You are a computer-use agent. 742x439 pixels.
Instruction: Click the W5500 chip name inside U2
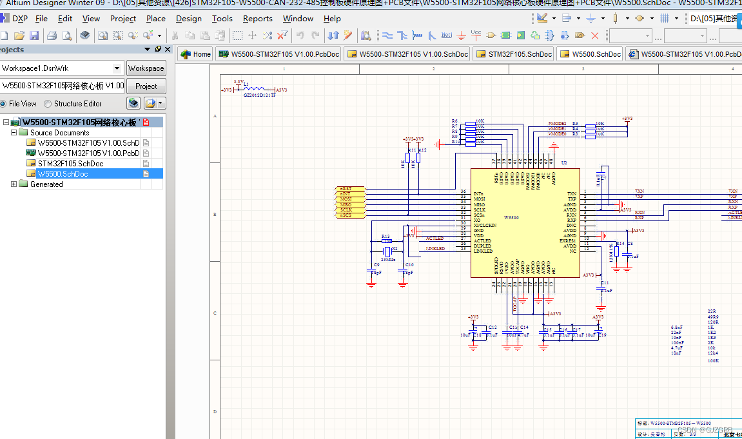pos(511,218)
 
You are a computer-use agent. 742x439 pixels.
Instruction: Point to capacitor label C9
pos(376,265)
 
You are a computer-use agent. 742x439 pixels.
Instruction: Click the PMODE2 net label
pos(557,123)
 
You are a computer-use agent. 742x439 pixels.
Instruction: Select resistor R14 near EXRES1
pos(616,252)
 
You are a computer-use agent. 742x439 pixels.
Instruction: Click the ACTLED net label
pos(434,239)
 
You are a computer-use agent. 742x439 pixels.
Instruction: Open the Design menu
pos(188,19)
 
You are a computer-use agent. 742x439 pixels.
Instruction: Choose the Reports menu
pos(257,19)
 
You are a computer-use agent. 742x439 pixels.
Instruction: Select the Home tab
pos(196,54)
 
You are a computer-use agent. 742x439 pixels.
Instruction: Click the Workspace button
pos(146,68)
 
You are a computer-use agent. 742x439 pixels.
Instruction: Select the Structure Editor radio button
pos(48,104)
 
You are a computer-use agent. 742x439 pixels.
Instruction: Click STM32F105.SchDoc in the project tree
pos(70,164)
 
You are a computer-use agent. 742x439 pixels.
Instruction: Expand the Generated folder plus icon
pos(14,184)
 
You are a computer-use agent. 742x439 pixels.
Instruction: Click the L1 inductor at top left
pos(255,89)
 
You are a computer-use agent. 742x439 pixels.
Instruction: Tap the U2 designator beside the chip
pos(564,164)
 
